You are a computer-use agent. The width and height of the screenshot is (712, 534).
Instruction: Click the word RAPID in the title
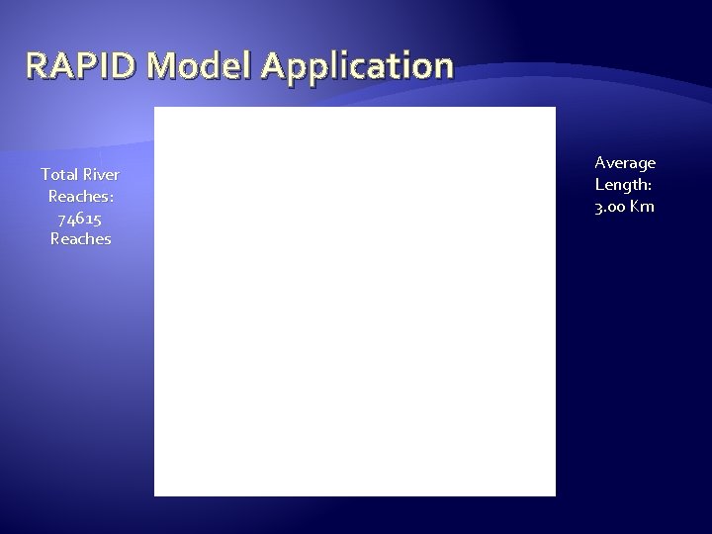coord(80,66)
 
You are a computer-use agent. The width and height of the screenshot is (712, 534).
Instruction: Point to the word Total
coord(58,174)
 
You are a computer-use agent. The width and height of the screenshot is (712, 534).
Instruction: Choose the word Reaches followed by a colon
coord(80,196)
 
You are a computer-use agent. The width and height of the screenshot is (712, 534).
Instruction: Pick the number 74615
coord(80,218)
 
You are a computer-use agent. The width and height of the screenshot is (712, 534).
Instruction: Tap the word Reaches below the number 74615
coord(80,239)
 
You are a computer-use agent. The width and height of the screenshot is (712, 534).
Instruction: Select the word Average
coord(625,162)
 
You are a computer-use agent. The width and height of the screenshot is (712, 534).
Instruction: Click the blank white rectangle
coord(355,302)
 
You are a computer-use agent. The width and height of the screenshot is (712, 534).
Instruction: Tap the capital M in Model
coord(160,66)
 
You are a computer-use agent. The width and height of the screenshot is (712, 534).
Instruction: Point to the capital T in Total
coord(44,174)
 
